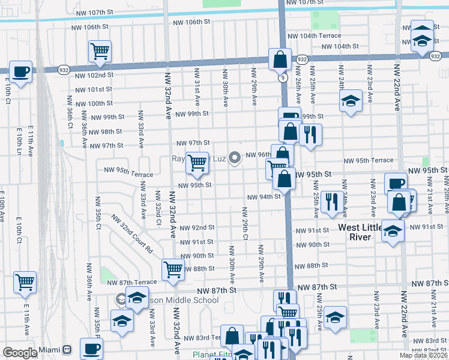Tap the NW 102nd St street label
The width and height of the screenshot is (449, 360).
click(x=95, y=75)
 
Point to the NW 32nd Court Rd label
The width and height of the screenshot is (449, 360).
click(x=132, y=233)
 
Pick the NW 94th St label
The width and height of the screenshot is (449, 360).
click(x=264, y=197)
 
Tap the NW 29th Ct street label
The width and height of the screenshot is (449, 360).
click(x=245, y=224)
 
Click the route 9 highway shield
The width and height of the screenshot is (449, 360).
click(x=281, y=77)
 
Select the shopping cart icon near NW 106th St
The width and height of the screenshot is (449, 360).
click(x=100, y=51)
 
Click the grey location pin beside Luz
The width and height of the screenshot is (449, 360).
click(x=235, y=157)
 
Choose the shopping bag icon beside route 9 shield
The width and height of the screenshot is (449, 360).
click(x=280, y=59)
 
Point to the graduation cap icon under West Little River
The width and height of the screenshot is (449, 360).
click(x=393, y=231)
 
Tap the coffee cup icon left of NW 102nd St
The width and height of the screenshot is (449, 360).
click(x=21, y=72)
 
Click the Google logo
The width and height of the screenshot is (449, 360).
click(x=20, y=352)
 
